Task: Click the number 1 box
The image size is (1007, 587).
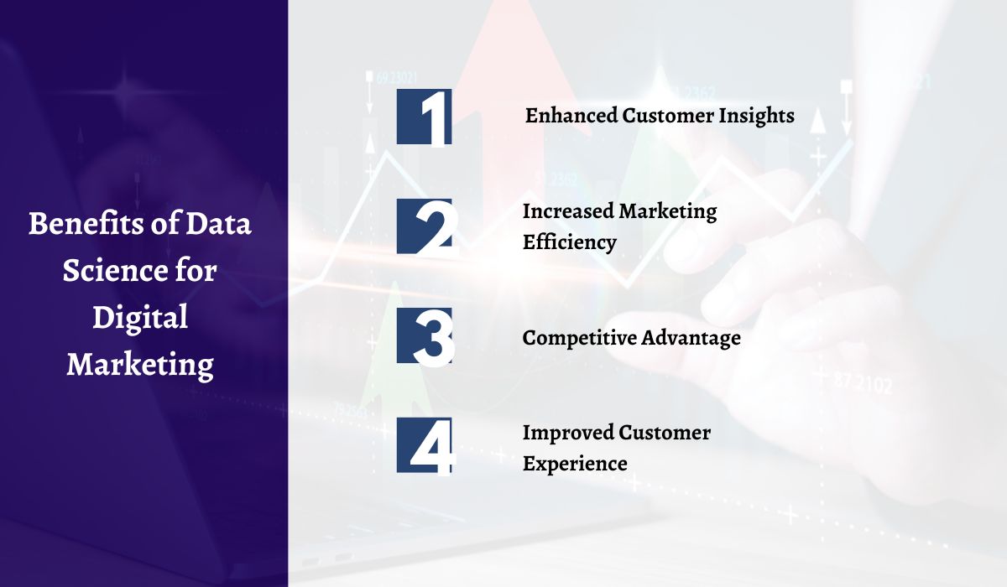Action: click(x=425, y=117)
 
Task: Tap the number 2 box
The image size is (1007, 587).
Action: click(x=425, y=226)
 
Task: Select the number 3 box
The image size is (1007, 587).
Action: click(x=425, y=335)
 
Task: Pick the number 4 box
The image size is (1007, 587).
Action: click(x=425, y=445)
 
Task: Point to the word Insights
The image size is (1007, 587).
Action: click(x=754, y=116)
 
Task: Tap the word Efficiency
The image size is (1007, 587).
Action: click(x=570, y=242)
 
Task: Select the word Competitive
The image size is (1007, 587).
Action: click(x=579, y=338)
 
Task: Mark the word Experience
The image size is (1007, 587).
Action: click(x=575, y=463)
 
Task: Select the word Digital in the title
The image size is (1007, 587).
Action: click(x=140, y=318)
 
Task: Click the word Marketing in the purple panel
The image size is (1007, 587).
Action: click(x=140, y=365)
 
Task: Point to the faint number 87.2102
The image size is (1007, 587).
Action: click(x=864, y=384)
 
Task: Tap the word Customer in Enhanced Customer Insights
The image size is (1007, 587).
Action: click(x=667, y=116)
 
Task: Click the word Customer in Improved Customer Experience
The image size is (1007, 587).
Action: click(x=665, y=433)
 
